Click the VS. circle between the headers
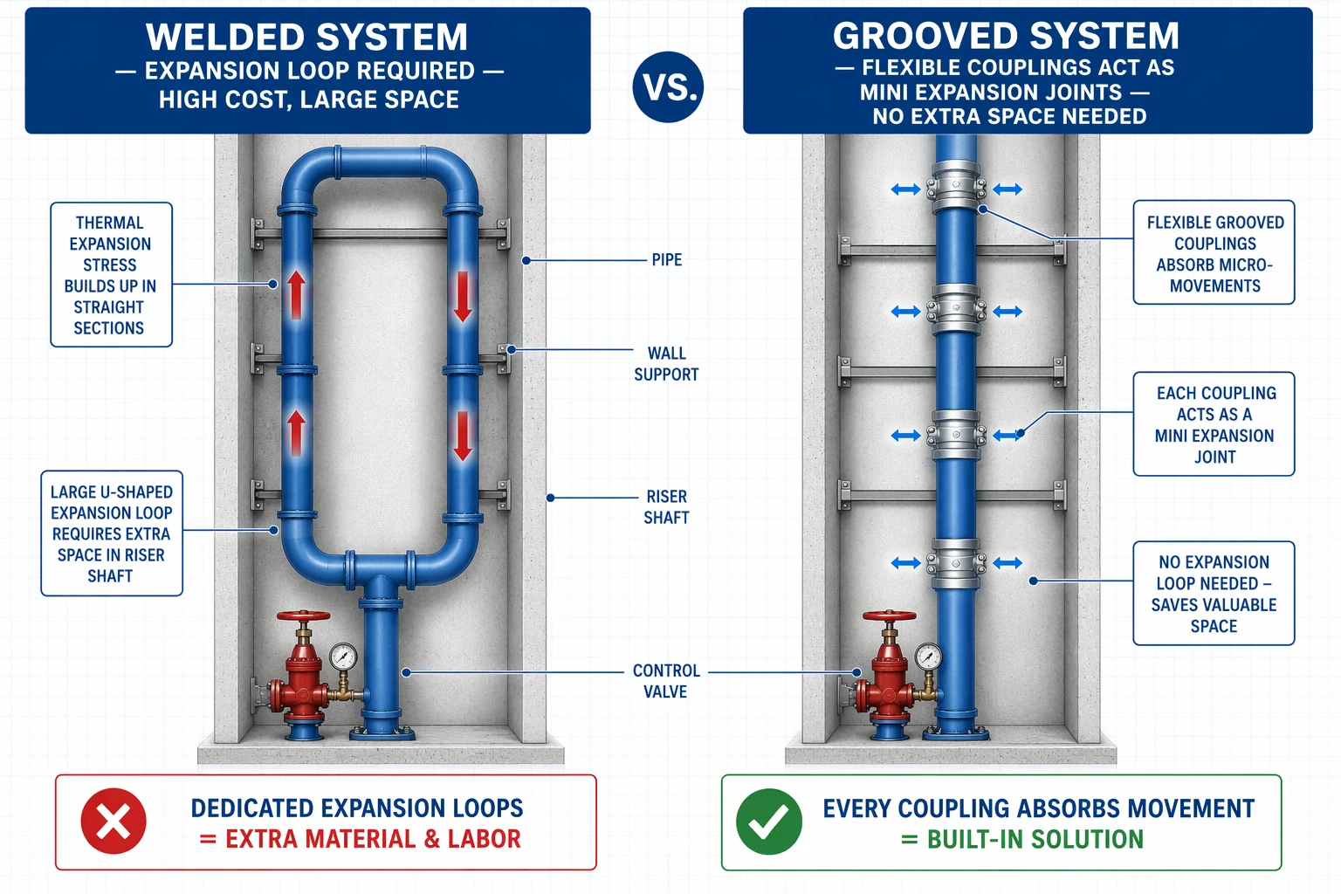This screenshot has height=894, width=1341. (x=668, y=86)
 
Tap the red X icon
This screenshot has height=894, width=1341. (x=113, y=821)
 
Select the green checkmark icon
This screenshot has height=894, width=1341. (x=768, y=821)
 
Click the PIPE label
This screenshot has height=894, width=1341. (x=667, y=260)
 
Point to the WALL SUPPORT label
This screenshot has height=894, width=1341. (x=666, y=363)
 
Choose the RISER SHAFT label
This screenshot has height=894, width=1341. (x=666, y=506)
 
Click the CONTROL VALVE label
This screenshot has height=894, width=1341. (x=666, y=681)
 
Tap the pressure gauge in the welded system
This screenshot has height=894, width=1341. (x=343, y=657)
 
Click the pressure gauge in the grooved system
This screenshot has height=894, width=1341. (x=928, y=656)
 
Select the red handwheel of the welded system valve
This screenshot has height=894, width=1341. (x=303, y=616)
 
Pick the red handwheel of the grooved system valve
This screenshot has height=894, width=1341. (x=889, y=615)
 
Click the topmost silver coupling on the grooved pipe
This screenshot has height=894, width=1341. (x=956, y=188)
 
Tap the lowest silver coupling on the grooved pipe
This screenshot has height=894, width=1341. (x=956, y=563)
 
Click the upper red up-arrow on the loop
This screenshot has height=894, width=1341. (x=296, y=294)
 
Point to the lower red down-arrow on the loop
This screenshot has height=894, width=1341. (x=462, y=436)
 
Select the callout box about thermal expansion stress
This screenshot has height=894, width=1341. (x=112, y=275)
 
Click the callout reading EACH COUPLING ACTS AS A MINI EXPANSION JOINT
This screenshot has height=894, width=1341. (x=1214, y=424)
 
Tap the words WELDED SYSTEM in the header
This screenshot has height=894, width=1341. (x=306, y=38)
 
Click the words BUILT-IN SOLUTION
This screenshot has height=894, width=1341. (x=1035, y=840)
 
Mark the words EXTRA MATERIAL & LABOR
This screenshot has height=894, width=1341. (x=373, y=839)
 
